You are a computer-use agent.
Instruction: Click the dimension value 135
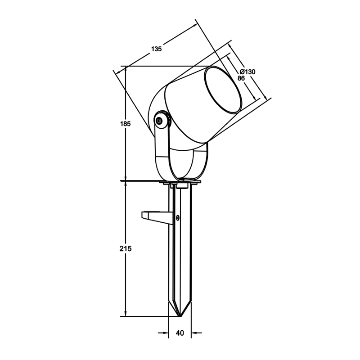coord(156,49)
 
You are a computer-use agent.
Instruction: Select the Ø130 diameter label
coord(247,72)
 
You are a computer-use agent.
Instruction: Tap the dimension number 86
coord(241,78)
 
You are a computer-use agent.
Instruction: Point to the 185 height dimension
coord(126,124)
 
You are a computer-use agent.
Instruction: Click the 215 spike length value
coord(126,249)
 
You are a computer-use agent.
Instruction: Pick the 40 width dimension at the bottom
coord(180,333)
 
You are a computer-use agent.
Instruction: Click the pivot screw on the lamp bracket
coord(159,121)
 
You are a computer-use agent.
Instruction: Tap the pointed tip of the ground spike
coord(180,316)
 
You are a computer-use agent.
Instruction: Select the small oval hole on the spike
coord(177,218)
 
